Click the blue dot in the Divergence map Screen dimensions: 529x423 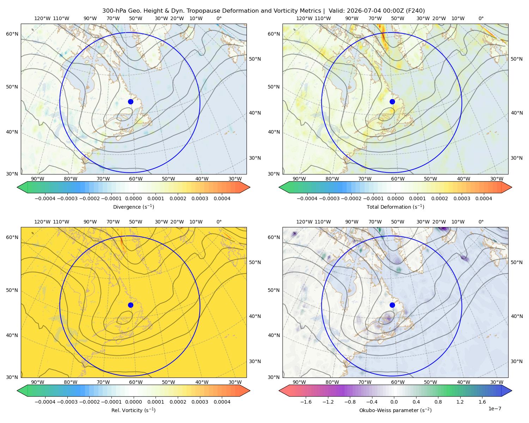(130, 102)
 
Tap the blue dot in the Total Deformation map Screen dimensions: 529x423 (392, 102)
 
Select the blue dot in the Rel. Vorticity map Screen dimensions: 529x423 (130, 305)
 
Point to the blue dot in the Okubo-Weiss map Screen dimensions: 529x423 (392, 305)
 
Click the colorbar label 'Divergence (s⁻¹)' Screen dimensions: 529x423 (133, 207)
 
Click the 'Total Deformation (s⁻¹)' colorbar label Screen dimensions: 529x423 (395, 207)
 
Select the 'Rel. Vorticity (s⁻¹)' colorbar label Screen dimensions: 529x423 (133, 410)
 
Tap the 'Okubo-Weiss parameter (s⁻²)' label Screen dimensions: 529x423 (395, 410)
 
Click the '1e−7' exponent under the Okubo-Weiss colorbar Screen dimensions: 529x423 (494, 409)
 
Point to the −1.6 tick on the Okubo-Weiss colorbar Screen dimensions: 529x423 (306, 402)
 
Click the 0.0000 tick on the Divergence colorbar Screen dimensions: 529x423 (133, 198)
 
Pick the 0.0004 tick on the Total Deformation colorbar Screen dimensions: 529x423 (484, 198)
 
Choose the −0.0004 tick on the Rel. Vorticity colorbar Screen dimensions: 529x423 (45, 402)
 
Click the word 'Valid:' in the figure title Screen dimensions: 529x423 (337, 11)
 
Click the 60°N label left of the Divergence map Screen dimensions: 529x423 (12, 34)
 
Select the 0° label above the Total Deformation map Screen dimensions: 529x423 (481, 18)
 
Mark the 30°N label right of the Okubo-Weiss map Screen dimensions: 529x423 (517, 361)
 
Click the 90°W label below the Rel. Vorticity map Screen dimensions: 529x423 (38, 382)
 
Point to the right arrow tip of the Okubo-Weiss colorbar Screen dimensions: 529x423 (512, 391)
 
